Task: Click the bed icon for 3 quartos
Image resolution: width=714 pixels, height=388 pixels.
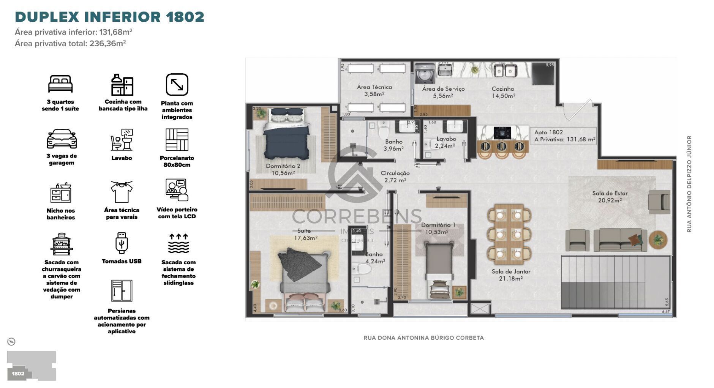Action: click(60, 84)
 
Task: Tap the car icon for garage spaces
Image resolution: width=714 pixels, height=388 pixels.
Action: click(62, 139)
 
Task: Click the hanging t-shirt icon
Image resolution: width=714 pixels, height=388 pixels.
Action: click(122, 192)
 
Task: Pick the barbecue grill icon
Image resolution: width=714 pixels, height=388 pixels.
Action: click(61, 244)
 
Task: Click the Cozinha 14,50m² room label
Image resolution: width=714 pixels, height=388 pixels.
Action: click(503, 92)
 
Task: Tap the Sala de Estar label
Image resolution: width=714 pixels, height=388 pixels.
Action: click(610, 197)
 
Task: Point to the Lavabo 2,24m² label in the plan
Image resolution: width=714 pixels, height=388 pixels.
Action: click(445, 142)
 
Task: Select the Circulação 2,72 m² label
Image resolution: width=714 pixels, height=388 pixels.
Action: click(395, 177)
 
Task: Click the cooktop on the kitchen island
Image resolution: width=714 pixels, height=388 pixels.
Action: click(502, 133)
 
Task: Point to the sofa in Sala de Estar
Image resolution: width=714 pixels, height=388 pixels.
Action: click(620, 239)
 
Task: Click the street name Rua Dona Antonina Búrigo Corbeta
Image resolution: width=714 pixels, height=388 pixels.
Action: click(423, 338)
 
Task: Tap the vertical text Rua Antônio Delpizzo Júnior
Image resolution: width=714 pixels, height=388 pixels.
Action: click(689, 184)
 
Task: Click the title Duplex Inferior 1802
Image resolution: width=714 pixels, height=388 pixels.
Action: click(109, 17)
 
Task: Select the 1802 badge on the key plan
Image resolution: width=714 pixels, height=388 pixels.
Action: click(18, 373)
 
